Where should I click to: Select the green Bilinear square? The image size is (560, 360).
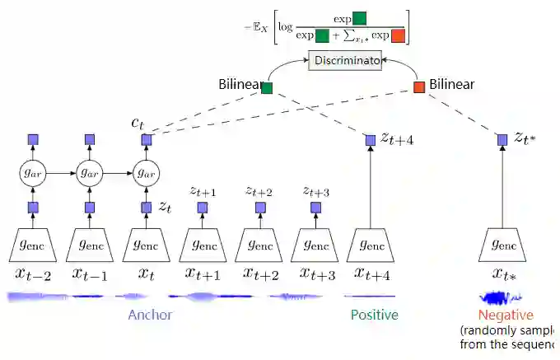coord(267,86)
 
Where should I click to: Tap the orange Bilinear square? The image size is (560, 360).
coord(419,86)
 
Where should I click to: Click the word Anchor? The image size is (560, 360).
coord(150,315)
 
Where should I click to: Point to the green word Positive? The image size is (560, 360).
coord(374,315)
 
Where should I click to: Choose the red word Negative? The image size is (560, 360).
coord(506,315)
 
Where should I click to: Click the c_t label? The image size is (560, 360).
coord(137,123)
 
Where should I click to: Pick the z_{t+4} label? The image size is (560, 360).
coord(396,139)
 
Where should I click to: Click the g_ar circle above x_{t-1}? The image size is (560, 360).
coord(90,173)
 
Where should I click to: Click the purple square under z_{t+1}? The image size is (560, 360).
coord(203,208)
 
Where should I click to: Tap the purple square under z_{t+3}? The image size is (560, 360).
coord(315,208)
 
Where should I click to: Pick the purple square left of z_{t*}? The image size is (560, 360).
coord(502,140)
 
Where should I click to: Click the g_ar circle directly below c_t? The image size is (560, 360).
coord(146,173)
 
